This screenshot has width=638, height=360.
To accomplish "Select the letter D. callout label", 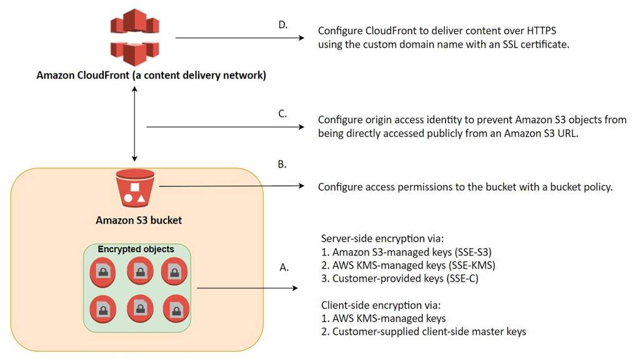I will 282,25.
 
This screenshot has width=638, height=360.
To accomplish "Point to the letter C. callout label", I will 282,114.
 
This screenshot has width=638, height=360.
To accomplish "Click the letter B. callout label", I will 281,164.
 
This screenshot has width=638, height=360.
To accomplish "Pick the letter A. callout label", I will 284,267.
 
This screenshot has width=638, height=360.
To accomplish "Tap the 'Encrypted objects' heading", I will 136,249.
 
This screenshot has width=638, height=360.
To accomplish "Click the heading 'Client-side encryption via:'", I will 381,306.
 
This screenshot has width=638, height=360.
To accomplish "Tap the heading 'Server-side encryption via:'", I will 382,239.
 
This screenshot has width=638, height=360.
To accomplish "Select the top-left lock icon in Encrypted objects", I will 102,271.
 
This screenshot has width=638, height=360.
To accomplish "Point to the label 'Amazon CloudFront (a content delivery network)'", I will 151,76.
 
